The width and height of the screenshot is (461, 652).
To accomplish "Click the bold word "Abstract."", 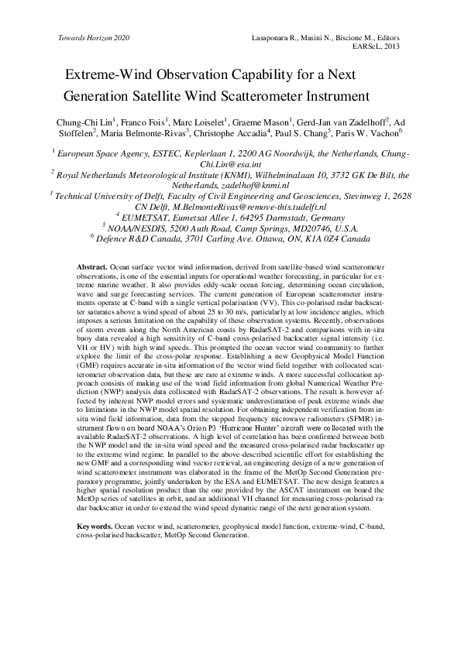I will (92, 266).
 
